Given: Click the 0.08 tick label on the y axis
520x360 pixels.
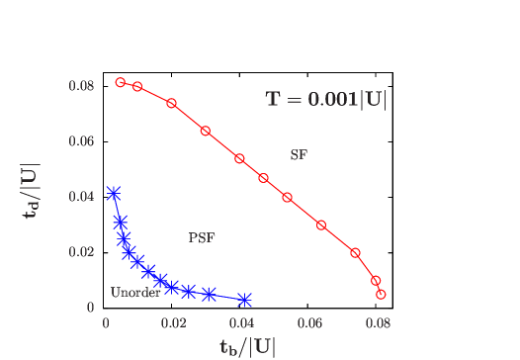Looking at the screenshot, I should point(81,86).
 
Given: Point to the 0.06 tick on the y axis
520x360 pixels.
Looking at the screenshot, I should point(81,141).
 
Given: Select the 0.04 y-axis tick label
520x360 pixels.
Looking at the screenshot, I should point(81,197).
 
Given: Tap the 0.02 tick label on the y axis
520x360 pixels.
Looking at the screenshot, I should point(81,252).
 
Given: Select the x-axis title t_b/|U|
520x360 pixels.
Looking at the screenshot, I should point(247,346).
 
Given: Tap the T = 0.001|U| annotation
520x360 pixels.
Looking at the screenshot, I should point(326,100).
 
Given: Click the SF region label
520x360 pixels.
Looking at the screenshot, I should point(299,155).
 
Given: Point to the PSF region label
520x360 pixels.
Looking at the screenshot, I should point(202,237).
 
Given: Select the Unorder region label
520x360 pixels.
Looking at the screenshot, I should point(135,293).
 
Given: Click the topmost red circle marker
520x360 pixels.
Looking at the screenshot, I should point(121,83).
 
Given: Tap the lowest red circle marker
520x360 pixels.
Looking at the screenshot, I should point(381,295).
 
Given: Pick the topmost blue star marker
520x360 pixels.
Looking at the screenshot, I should point(114,194).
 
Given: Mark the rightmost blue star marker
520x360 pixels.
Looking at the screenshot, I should point(244,300).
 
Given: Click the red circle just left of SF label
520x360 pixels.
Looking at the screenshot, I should point(264,178).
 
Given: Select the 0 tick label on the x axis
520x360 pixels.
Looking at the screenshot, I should point(106,322).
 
